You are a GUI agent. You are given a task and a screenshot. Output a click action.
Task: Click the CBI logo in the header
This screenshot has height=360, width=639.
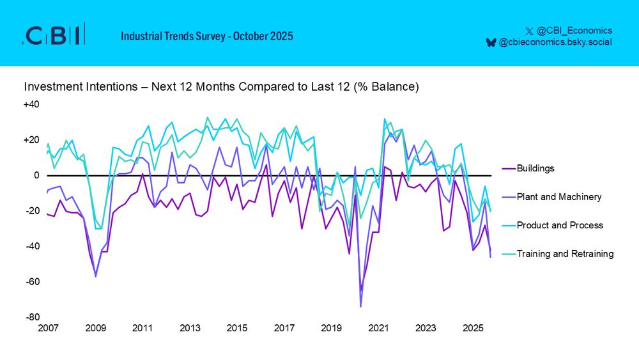point(54,36)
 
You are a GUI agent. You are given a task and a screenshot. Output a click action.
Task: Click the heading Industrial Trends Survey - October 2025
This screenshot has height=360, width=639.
point(207,36)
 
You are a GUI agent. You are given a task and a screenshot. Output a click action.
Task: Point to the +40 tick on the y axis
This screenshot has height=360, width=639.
point(31,104)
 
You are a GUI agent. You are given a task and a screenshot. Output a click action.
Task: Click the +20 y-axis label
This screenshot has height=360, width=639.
point(31,140)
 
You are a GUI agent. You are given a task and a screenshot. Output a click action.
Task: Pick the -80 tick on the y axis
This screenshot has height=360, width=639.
point(32,317)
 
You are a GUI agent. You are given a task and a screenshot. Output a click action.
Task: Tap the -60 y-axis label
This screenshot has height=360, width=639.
point(32,282)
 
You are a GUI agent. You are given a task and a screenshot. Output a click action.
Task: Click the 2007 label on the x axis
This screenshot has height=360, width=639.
point(49,328)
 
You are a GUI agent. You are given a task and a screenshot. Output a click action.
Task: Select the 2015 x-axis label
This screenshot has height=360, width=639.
point(237,328)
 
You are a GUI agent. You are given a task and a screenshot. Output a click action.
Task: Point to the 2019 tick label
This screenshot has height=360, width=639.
point(332,328)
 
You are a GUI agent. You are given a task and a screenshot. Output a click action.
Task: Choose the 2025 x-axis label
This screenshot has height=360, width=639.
point(473,328)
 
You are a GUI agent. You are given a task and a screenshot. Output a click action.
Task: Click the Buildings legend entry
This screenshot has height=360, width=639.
point(535,169)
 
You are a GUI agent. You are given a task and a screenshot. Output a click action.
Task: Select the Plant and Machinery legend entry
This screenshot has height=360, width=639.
point(558,197)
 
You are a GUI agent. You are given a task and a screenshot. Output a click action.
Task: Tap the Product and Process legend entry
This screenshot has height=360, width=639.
point(560,225)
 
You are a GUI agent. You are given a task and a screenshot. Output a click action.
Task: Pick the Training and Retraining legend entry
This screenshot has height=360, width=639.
point(565,254)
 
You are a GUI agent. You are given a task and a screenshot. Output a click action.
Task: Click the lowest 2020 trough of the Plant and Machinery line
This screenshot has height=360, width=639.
point(360,307)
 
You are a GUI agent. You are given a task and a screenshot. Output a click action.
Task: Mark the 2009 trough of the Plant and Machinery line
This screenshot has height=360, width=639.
point(96,276)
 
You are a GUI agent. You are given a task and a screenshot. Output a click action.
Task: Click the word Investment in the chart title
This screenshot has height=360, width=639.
point(49,86)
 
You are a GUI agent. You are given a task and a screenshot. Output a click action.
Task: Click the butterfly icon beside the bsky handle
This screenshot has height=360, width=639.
point(491,42)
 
